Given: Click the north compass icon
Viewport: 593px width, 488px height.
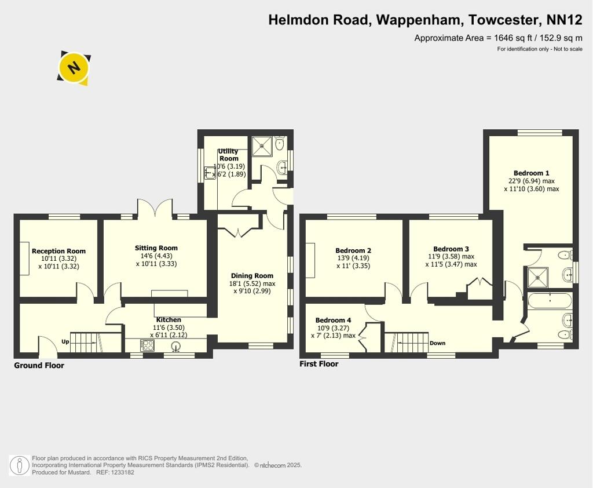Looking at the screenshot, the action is pyautogui.click(x=74, y=68).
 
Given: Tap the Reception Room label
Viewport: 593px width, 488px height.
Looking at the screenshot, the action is pyautogui.click(x=58, y=251).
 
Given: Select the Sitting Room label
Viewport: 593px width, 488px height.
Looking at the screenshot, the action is pyautogui.click(x=156, y=248).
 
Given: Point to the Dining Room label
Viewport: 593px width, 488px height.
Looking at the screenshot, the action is pyautogui.click(x=252, y=276).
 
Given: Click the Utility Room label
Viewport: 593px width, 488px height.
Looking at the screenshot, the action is pyautogui.click(x=228, y=155).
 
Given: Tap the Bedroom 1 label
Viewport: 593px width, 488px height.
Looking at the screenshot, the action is pyautogui.click(x=532, y=173).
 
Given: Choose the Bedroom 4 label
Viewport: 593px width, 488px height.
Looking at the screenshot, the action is pyautogui.click(x=333, y=321).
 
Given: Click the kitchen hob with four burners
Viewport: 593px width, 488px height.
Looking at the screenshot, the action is pyautogui.click(x=148, y=345).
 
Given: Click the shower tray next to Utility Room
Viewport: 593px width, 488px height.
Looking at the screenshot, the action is pyautogui.click(x=262, y=145).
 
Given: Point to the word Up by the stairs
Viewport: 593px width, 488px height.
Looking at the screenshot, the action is pyautogui.click(x=65, y=341).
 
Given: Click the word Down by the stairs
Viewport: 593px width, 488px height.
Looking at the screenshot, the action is pyautogui.click(x=438, y=343).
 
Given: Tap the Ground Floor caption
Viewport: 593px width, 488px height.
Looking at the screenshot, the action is pyautogui.click(x=39, y=365).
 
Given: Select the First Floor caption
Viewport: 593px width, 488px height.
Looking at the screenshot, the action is pyautogui.click(x=319, y=364).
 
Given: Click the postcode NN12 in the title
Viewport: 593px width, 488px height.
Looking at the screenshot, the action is pyautogui.click(x=565, y=20).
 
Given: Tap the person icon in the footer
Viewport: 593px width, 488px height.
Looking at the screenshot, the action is pyautogui.click(x=19, y=465).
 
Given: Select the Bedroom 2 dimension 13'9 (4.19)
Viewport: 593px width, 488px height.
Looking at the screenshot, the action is pyautogui.click(x=353, y=258).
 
